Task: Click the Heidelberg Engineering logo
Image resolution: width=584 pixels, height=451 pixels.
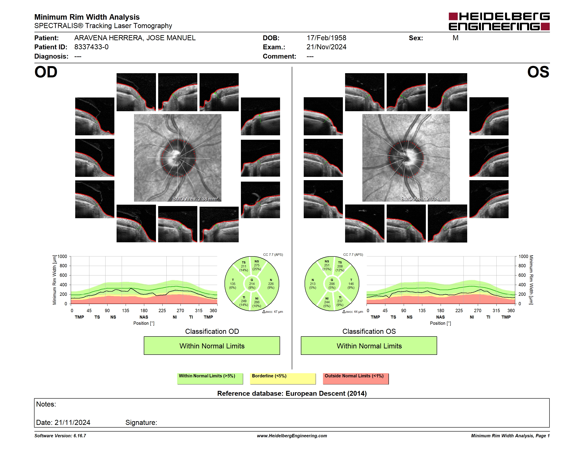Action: [499, 21]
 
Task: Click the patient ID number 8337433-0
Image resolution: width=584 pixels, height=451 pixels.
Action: [91, 47]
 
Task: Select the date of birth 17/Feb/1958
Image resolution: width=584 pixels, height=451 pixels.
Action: [326, 38]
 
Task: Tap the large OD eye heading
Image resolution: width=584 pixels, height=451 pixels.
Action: [46, 72]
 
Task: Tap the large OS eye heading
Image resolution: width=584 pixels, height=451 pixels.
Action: [538, 72]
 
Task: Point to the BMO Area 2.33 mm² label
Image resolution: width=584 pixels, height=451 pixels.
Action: [424, 199]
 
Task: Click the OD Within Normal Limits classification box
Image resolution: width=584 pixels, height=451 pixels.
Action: [212, 346]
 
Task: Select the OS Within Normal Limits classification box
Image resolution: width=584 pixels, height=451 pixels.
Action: [369, 346]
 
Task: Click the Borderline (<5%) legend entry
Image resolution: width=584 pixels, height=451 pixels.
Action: [283, 378]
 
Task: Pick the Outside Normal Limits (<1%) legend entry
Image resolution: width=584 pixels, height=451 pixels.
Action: [356, 378]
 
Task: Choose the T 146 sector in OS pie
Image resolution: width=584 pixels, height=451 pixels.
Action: [351, 284]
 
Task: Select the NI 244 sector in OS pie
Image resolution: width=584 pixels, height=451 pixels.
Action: [327, 302]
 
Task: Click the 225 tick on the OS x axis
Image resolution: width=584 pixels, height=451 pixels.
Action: [459, 310]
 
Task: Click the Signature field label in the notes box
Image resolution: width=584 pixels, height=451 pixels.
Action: [141, 422]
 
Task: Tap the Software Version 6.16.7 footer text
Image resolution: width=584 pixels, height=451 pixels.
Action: [60, 436]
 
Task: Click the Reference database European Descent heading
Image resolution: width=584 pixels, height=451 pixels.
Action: [292, 394]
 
